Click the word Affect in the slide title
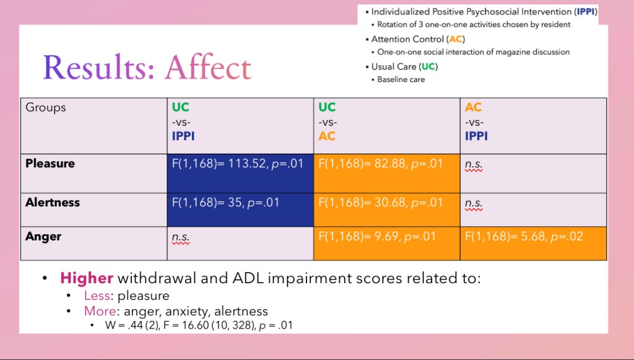(208, 68)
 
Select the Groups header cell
(46, 108)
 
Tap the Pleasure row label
(50, 164)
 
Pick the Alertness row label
(53, 202)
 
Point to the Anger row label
(43, 237)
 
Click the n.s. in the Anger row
(181, 237)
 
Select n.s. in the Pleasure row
(474, 164)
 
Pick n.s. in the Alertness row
(474, 203)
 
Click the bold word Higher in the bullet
(87, 278)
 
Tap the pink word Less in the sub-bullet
(98, 296)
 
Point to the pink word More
(99, 311)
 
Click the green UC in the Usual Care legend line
(427, 66)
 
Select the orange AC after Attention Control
(455, 39)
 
